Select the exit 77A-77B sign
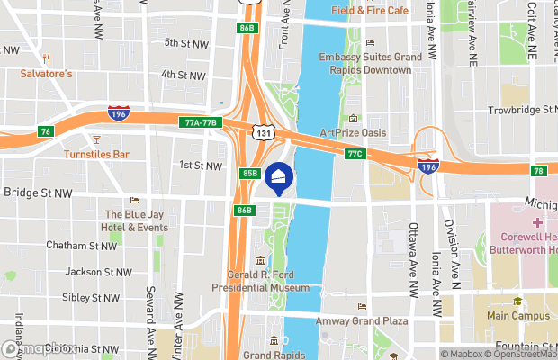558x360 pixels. tap(201, 122)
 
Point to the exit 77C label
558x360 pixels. tap(354, 154)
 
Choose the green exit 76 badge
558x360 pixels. tap(46, 131)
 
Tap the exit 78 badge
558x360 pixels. tap(538, 171)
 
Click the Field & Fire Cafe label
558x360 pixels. tap(369, 11)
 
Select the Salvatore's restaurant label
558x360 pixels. tap(46, 73)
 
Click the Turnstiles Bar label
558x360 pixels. tap(96, 155)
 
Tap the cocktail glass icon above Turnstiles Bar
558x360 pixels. tap(96, 139)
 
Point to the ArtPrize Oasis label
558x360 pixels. tap(353, 133)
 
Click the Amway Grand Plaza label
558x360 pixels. tap(362, 320)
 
